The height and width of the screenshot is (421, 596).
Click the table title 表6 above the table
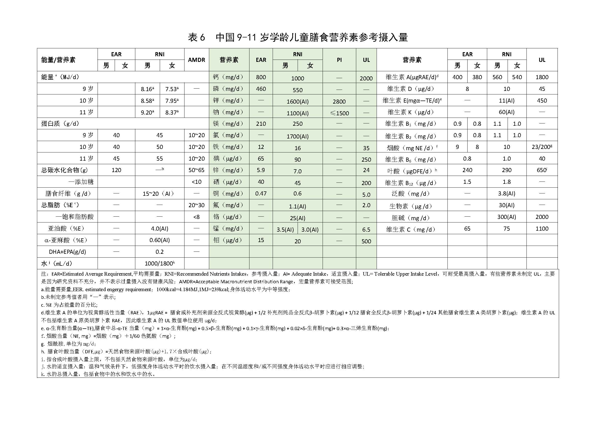pos(196,38)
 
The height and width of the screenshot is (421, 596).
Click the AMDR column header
pos(196,60)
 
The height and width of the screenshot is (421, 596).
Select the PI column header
pos(339,60)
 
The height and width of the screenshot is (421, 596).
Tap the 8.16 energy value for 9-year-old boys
pos(147,89)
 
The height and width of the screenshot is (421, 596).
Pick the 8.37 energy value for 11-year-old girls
pos(171,112)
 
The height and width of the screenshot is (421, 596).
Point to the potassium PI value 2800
pos(339,101)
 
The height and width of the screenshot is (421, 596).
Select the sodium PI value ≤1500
pos(339,113)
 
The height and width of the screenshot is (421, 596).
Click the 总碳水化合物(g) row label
pos(65,170)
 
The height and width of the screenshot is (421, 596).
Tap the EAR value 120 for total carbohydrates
pos(116,170)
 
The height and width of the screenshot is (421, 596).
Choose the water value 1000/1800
pos(159,263)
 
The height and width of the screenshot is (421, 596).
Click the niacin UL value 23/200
pos(541,147)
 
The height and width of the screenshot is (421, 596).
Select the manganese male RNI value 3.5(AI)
pos(285,230)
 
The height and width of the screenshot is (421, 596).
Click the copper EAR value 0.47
pos(261,193)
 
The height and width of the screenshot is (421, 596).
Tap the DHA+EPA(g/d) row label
pos(67,252)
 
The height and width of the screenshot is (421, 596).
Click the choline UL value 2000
pos(542,217)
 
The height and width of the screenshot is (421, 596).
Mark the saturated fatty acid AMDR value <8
pos(196,217)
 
